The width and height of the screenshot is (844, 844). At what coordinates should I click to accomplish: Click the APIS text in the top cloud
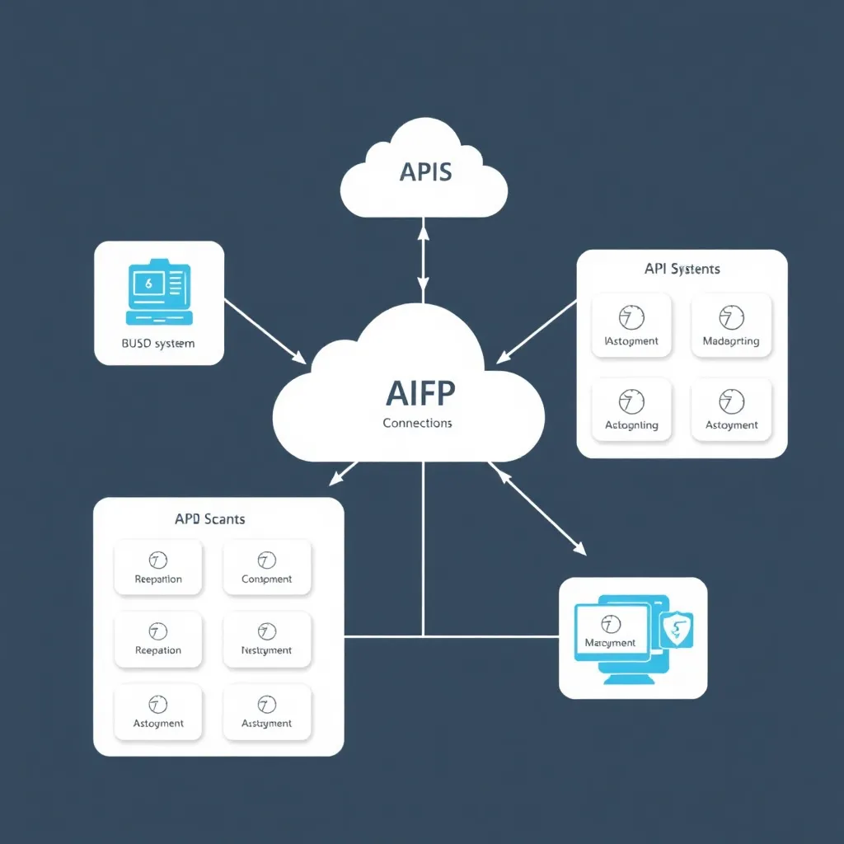(424, 172)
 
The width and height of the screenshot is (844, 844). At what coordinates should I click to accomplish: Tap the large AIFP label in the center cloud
(419, 394)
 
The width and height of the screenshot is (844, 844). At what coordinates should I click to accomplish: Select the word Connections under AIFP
(417, 423)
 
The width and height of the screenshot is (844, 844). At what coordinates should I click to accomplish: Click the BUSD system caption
(158, 343)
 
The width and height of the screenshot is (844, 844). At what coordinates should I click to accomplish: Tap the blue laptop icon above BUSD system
(158, 293)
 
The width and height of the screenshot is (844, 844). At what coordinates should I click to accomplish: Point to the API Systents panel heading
(682, 269)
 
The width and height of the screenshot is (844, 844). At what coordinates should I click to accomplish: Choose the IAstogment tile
(631, 326)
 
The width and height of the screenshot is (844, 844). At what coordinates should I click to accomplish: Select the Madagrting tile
(731, 326)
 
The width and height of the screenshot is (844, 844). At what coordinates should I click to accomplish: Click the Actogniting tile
(631, 410)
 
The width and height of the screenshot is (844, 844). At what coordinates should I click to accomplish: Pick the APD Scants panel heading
(209, 519)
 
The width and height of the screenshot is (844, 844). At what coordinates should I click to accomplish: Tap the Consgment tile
(266, 567)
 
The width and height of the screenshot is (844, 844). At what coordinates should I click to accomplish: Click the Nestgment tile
(266, 639)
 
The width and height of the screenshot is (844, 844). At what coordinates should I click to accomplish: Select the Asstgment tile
(266, 711)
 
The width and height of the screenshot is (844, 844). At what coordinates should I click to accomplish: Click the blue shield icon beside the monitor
(677, 630)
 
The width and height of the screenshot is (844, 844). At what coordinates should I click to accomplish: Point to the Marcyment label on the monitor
(610, 642)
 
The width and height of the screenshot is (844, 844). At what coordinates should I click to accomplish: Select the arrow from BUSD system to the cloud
(264, 330)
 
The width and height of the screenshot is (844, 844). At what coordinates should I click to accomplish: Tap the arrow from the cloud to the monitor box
(537, 508)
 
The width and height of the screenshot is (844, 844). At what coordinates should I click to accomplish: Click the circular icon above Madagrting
(731, 316)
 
